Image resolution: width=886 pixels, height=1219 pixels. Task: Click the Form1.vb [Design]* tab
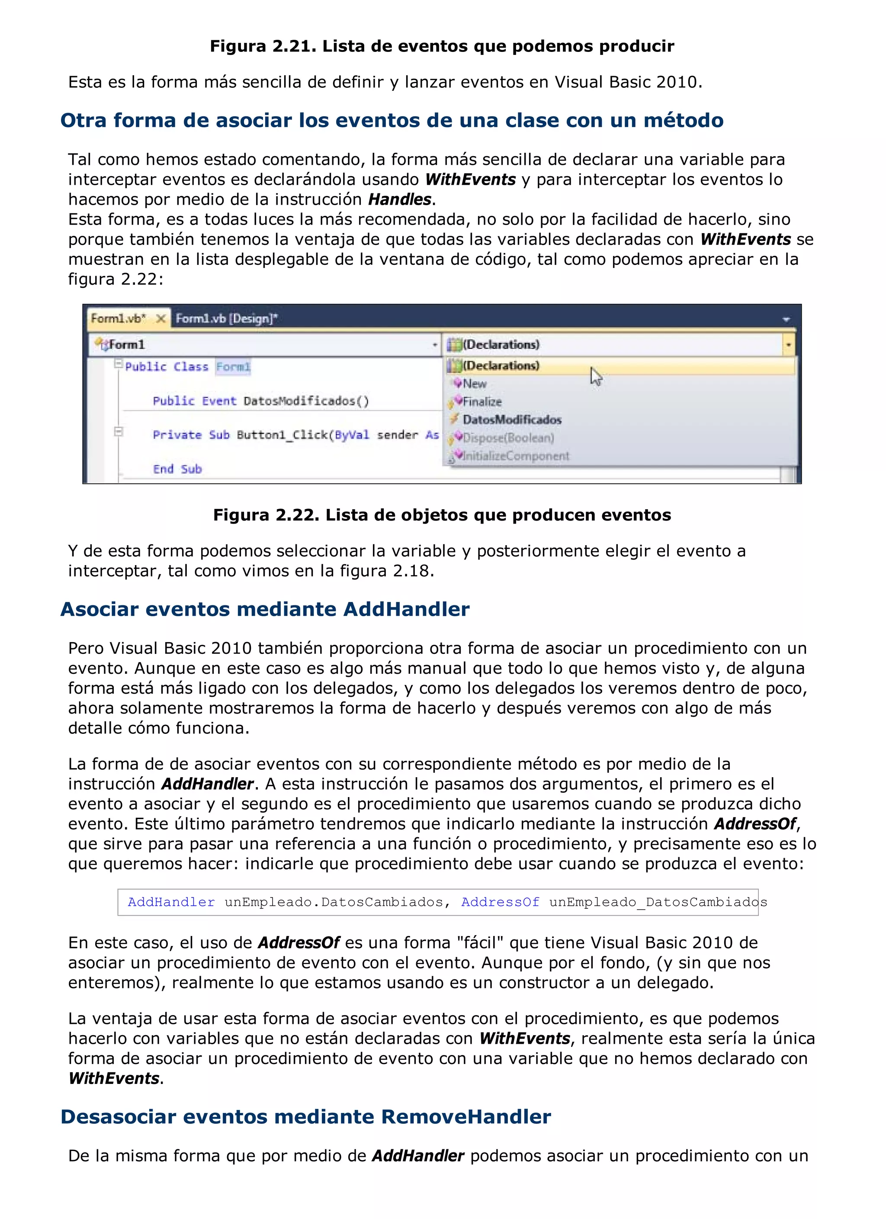(226, 319)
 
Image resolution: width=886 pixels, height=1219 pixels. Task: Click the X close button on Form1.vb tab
(160, 319)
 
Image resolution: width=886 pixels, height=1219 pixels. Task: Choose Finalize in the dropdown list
(482, 402)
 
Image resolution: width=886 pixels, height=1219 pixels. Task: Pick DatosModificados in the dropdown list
(511, 420)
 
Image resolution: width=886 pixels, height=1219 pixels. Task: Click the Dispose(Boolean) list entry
(508, 438)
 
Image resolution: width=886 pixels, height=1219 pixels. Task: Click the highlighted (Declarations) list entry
(501, 366)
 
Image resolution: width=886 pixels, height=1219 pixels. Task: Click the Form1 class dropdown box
(263, 344)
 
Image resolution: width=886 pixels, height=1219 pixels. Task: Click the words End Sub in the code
(177, 469)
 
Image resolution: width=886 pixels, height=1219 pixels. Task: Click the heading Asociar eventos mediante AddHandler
(265, 609)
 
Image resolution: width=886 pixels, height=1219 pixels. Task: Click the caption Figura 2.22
(442, 515)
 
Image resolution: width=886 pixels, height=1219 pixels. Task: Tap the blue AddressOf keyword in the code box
(500, 902)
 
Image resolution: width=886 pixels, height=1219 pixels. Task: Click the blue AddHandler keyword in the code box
(171, 902)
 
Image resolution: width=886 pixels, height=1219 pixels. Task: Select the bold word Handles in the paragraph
(399, 199)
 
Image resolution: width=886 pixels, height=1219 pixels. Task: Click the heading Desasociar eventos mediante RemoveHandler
(305, 1116)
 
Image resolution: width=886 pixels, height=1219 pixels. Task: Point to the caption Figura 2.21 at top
(442, 46)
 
